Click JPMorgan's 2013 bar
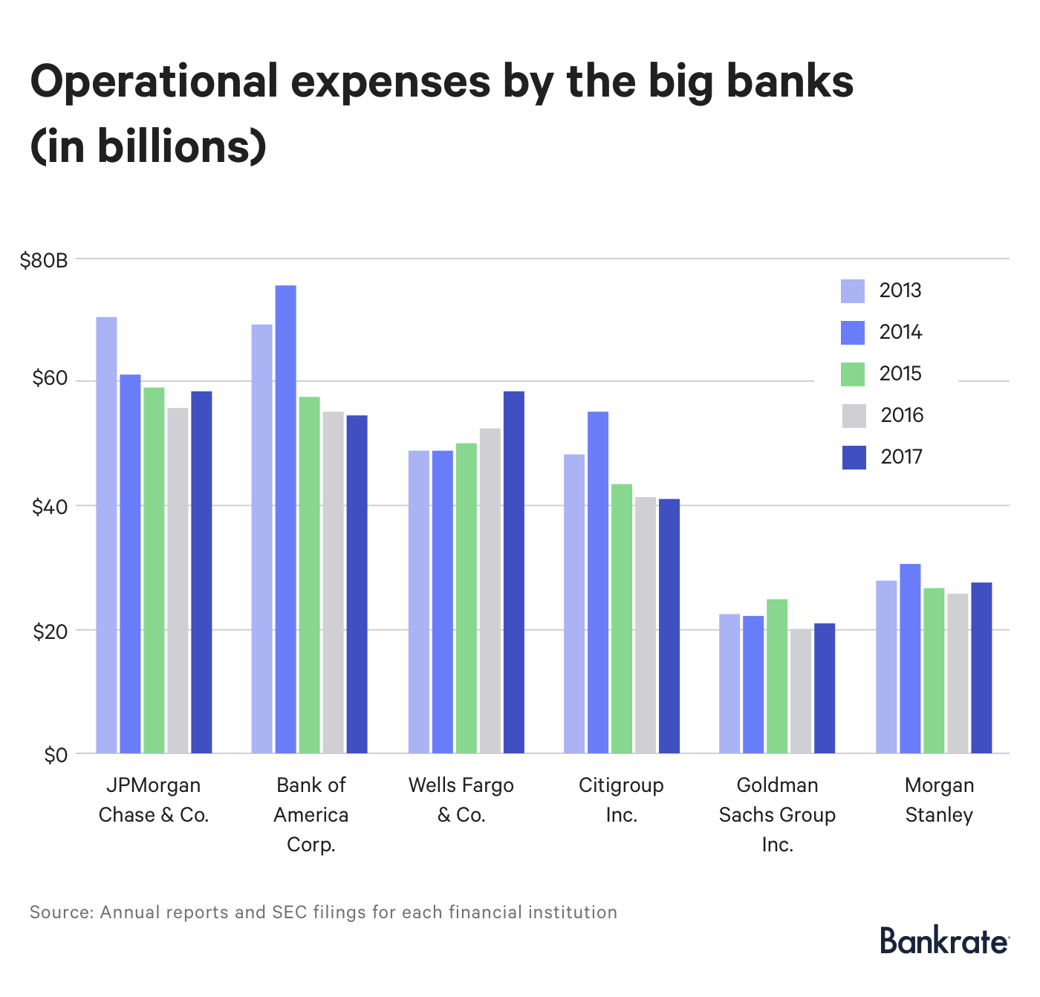coord(106,535)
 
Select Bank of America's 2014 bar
coord(285,520)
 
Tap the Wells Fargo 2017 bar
coord(513,572)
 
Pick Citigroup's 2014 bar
coord(598,583)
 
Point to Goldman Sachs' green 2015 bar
coord(777,676)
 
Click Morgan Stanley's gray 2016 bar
coord(958,673)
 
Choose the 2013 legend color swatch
coord(853,291)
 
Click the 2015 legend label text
coord(900,374)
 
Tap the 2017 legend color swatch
coord(854,457)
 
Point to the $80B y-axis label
coord(44,261)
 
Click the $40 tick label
coord(50,507)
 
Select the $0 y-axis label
coord(56,756)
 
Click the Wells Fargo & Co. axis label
coord(461,800)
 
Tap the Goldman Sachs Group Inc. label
coord(777,815)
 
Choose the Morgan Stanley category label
coord(939,800)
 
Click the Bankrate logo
coord(944,941)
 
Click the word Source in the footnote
coord(60,912)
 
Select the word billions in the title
coord(172,146)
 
